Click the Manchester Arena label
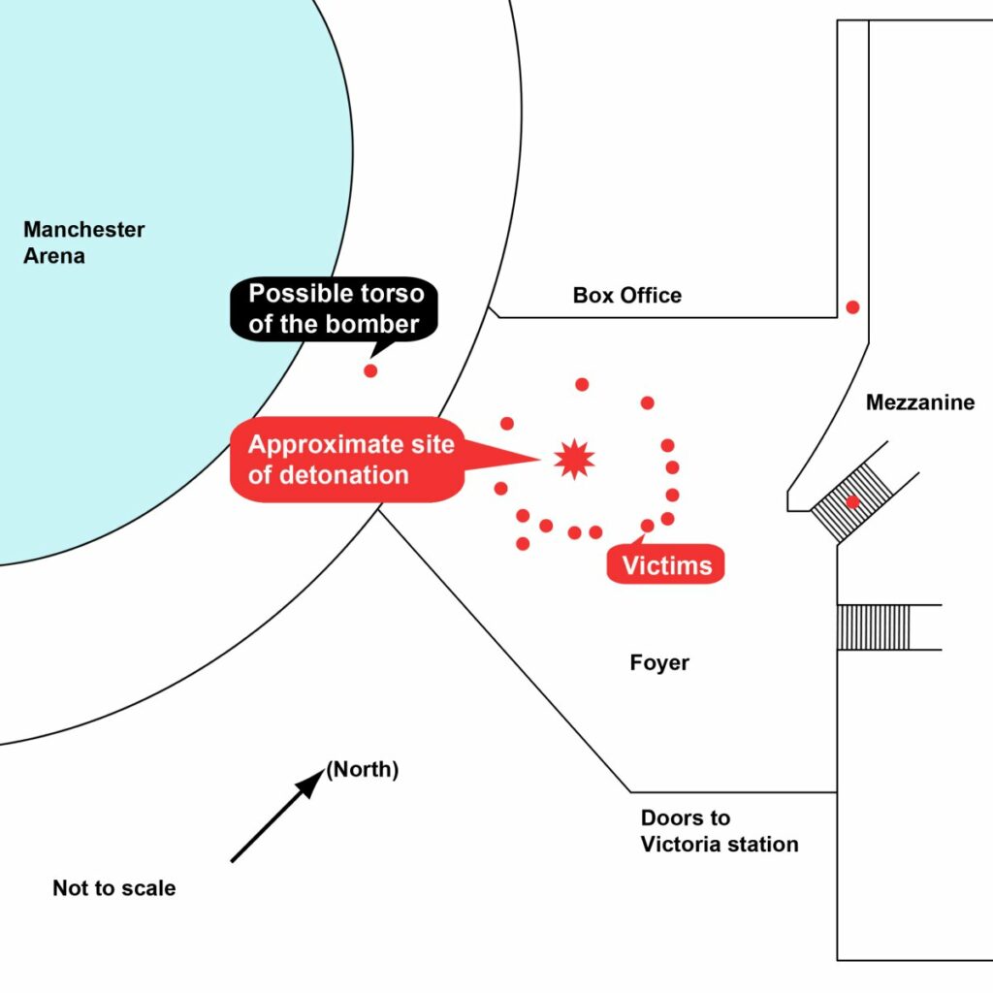click(x=83, y=242)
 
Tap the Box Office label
click(x=627, y=295)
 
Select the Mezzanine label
click(x=920, y=402)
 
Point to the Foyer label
click(x=659, y=662)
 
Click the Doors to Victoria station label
click(x=720, y=831)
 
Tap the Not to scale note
click(x=114, y=888)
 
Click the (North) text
click(x=363, y=769)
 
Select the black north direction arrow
click(x=278, y=816)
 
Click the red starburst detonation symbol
click(x=574, y=459)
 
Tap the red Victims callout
click(x=665, y=563)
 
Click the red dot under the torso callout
click(x=370, y=371)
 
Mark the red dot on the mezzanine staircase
click(x=852, y=502)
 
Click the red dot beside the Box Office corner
click(x=852, y=307)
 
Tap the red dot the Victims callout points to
click(x=647, y=526)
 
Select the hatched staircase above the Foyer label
click(x=874, y=627)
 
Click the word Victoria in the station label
click(x=680, y=845)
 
